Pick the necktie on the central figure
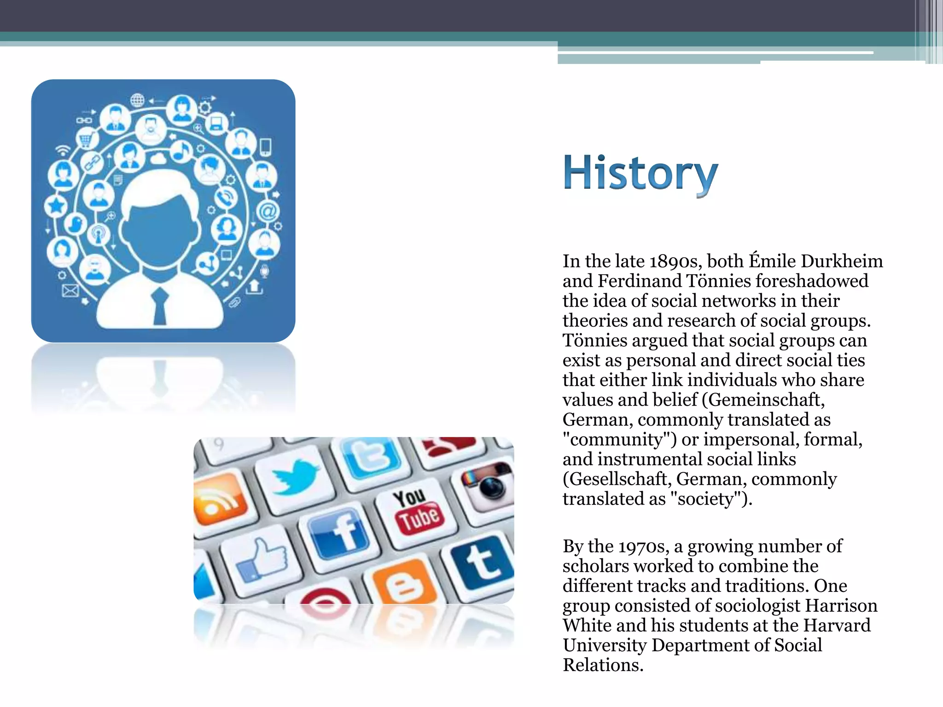click(160, 306)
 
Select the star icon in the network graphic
click(56, 205)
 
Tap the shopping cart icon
click(86, 138)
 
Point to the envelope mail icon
click(70, 290)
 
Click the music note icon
click(181, 150)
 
